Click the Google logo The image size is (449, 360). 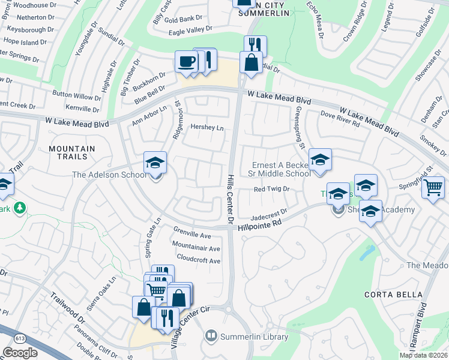click(20, 352)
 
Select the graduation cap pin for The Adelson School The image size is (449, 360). click(155, 163)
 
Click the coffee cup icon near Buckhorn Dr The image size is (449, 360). click(186, 62)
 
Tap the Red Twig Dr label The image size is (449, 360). click(272, 189)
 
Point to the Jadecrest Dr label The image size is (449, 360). click(270, 212)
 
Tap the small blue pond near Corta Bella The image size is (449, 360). click(365, 253)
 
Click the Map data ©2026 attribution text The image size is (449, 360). click(423, 355)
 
